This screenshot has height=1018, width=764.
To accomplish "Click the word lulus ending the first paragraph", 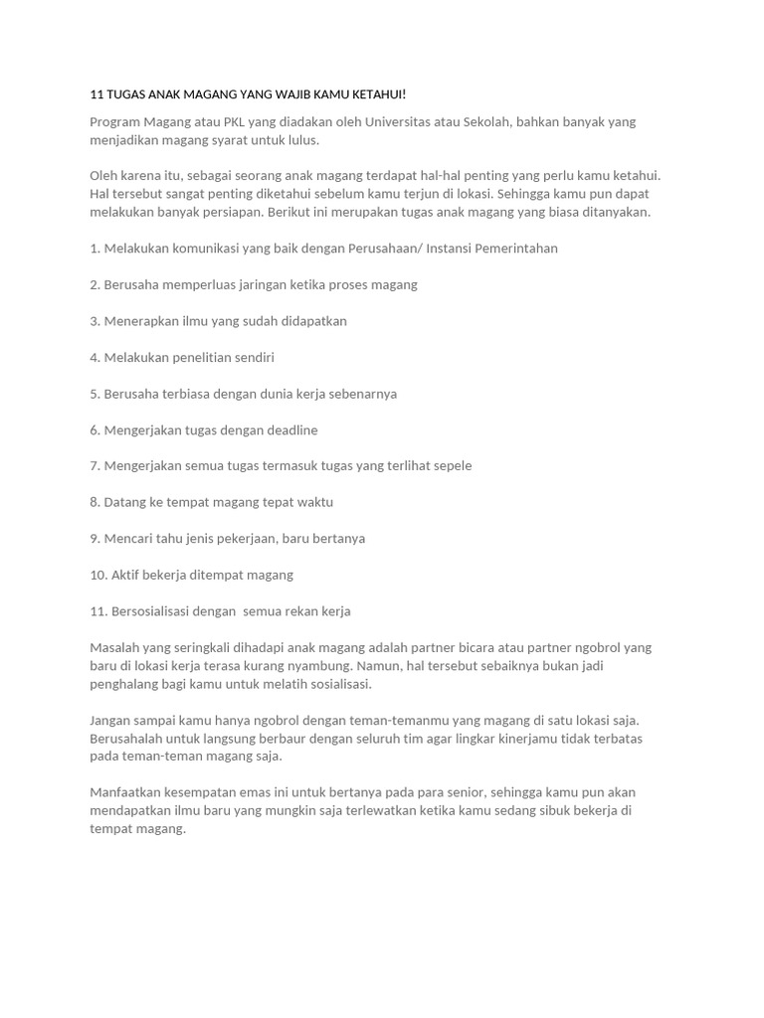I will (x=300, y=140).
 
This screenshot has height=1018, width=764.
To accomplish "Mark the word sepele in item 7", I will (x=450, y=466).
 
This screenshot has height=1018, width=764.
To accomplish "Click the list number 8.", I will (x=95, y=503).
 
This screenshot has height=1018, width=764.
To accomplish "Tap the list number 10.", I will (x=98, y=576).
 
